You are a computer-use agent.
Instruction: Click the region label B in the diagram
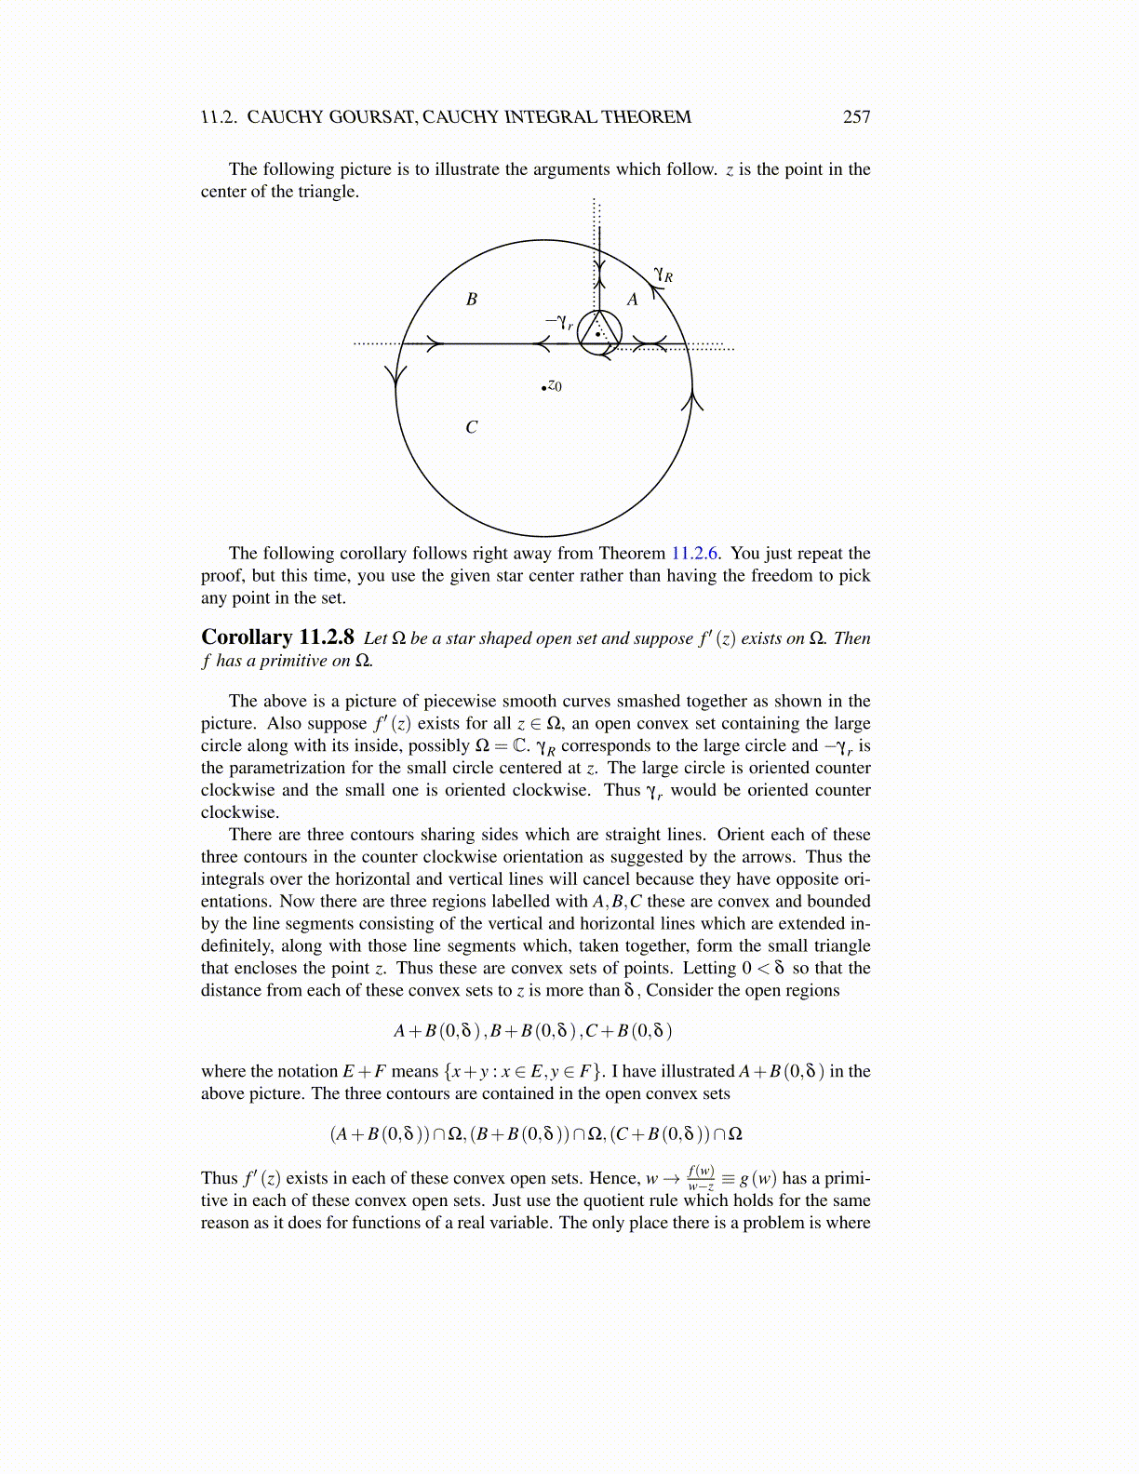[472, 300]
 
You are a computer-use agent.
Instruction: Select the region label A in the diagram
[633, 300]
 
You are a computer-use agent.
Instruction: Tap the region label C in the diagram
[472, 428]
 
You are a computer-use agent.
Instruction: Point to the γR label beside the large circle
[663, 275]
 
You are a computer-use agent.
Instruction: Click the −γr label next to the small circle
[559, 322]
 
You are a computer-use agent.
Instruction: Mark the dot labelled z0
[544, 387]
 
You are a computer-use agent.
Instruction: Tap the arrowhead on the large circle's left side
[396, 375]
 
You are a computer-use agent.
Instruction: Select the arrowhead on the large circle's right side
[692, 400]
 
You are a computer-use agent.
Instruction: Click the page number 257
[856, 117]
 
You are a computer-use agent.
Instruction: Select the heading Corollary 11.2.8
[277, 637]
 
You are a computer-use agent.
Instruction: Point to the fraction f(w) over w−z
[701, 1178]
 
